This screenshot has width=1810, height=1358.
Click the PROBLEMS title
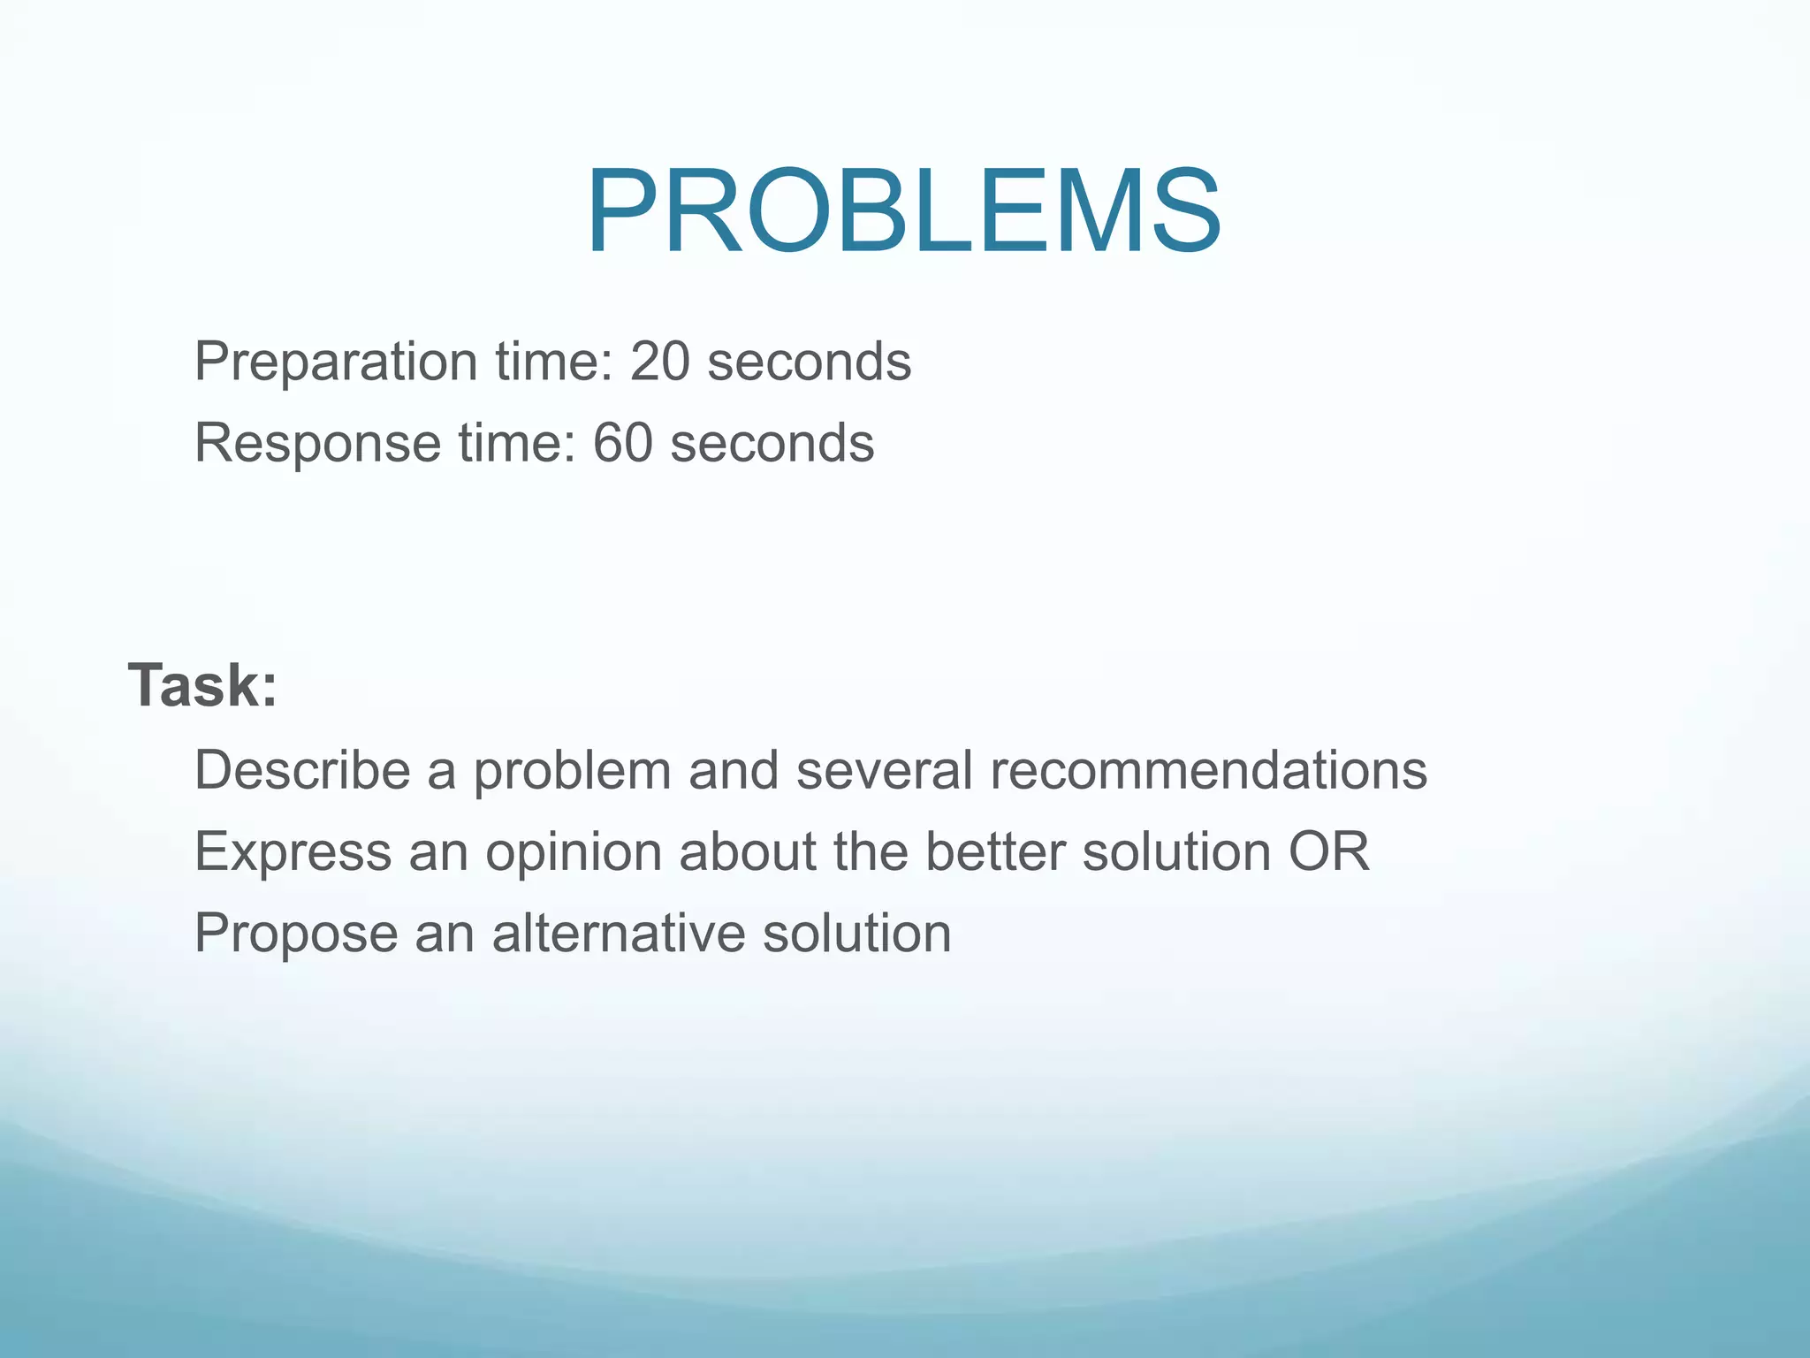click(x=903, y=213)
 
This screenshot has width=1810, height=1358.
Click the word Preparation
click(x=336, y=362)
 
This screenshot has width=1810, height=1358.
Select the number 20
click(x=659, y=362)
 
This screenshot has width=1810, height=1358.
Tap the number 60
click(x=622, y=443)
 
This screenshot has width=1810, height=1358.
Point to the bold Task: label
click(x=203, y=685)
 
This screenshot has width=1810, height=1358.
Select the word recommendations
click(x=1208, y=770)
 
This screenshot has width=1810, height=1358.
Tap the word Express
click(x=293, y=851)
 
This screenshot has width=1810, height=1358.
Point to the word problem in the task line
click(x=572, y=770)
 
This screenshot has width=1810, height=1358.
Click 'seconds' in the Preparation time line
click(x=809, y=362)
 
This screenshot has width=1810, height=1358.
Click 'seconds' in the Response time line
click(x=772, y=443)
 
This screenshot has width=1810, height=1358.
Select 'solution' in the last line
click(x=856, y=934)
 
